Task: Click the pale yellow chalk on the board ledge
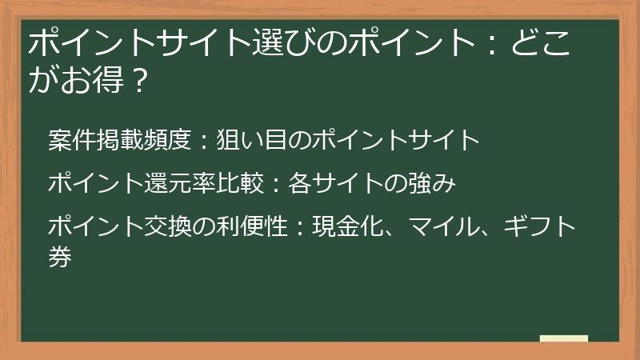[x=563, y=338]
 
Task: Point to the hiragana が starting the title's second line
[x=42, y=80]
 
